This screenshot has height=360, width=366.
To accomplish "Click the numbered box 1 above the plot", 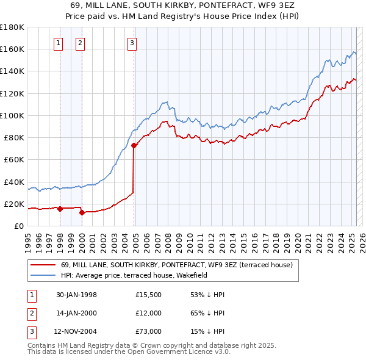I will pyautogui.click(x=58, y=43).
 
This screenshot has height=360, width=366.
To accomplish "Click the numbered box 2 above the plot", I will pyautogui.click(x=80, y=43).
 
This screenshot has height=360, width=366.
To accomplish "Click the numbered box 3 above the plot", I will pyautogui.click(x=132, y=43).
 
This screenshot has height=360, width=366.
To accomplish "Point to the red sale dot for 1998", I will pyautogui.click(x=60, y=209).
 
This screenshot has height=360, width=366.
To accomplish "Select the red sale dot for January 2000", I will pyautogui.click(x=82, y=212).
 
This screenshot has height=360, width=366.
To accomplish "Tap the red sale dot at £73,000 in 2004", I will pyautogui.click(x=134, y=145).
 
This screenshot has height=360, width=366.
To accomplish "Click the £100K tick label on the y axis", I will pyautogui.click(x=12, y=115).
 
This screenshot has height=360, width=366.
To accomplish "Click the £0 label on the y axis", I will pyautogui.click(x=20, y=226).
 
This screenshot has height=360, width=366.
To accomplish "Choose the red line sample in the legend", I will pyautogui.click(x=43, y=265).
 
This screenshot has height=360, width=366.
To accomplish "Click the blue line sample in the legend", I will pyautogui.click(x=43, y=275).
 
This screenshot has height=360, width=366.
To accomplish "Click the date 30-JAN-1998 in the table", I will pyautogui.click(x=76, y=295).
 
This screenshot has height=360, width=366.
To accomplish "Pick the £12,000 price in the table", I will pyautogui.click(x=148, y=314).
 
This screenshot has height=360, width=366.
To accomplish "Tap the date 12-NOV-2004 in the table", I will pyautogui.click(x=77, y=333).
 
